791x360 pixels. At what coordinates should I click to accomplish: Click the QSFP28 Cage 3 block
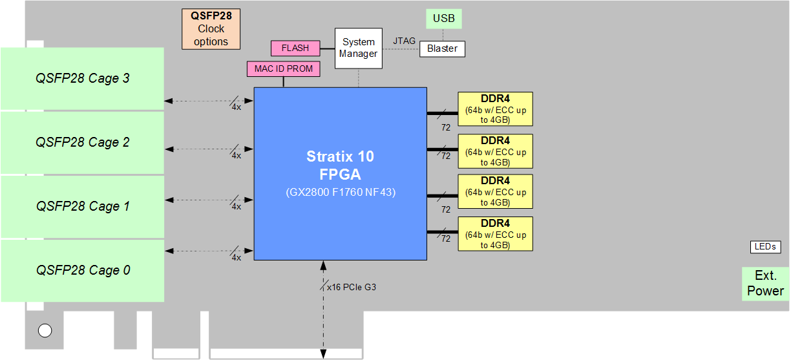coord(82,78)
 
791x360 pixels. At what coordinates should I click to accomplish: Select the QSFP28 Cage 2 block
coord(82,142)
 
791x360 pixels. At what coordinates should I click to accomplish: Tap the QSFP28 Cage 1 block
coord(82,206)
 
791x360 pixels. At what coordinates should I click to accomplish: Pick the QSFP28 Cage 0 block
coord(82,270)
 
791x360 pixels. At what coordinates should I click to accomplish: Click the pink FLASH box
coord(295,48)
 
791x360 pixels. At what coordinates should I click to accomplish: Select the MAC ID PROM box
coord(283,69)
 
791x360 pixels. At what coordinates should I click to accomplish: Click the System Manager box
coord(358,48)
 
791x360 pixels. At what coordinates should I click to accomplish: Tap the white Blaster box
coord(442,48)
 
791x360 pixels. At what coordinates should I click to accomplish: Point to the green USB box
coord(443,18)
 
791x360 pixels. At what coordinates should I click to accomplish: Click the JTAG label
coord(404,41)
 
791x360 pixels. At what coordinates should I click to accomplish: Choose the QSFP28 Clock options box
coord(211,29)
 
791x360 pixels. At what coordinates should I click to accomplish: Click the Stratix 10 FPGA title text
coord(340,165)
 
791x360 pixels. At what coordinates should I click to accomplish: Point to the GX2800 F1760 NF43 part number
coord(340,192)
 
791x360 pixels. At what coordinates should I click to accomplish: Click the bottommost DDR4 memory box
coord(495,234)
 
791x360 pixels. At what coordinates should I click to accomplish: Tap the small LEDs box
coord(766,247)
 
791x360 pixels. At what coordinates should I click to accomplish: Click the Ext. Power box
coord(765,284)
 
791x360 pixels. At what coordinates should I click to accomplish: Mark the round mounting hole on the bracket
coord(45,331)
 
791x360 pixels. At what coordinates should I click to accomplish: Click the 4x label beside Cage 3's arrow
coord(236,107)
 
